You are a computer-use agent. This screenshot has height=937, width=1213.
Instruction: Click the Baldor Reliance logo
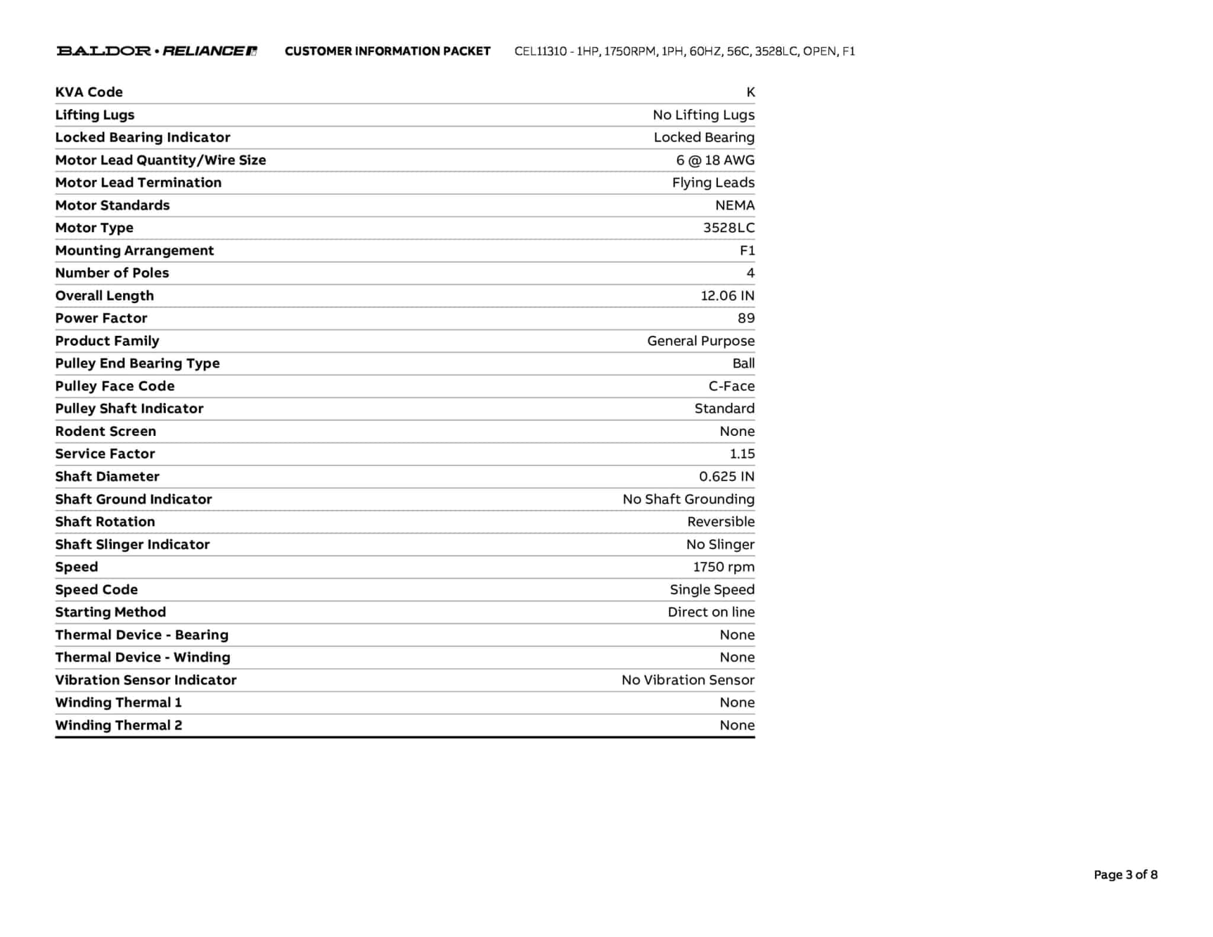point(156,51)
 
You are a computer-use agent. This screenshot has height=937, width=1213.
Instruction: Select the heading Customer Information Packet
point(387,51)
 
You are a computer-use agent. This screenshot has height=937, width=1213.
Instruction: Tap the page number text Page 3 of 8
point(1125,875)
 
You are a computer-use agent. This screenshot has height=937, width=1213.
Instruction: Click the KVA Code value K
point(750,92)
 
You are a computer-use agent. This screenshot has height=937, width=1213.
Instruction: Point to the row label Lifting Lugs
point(95,115)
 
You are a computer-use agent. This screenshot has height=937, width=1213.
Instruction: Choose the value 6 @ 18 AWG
point(715,160)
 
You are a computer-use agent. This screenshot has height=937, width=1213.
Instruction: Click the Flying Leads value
point(713,182)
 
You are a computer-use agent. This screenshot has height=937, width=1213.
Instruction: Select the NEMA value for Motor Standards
point(734,206)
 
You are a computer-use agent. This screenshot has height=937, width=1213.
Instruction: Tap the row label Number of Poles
point(112,273)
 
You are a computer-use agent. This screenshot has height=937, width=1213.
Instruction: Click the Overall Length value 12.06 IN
point(727,296)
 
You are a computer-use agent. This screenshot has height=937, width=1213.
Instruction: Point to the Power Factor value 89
point(746,318)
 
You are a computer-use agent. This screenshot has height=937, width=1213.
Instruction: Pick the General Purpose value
point(701,341)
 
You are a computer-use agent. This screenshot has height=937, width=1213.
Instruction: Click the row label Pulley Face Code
point(115,386)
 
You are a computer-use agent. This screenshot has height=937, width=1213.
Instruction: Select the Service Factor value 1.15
point(742,454)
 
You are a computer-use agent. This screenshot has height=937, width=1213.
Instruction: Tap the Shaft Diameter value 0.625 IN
point(727,477)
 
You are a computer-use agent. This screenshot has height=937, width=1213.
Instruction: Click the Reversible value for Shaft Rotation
point(721,522)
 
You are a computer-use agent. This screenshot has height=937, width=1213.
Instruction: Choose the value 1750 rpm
point(724,567)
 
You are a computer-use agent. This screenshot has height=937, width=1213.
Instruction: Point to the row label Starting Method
point(110,612)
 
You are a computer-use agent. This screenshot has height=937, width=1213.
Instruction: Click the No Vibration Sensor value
point(688,680)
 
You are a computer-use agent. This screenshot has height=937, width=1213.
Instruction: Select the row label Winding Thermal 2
point(118,725)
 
